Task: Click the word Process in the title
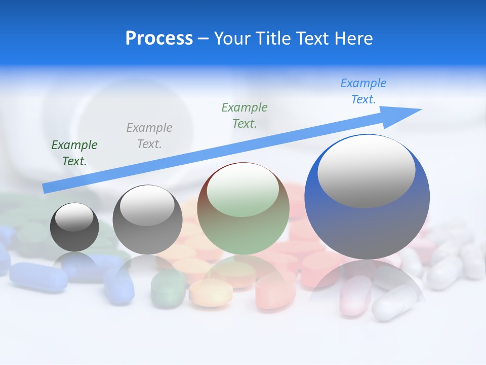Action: coord(159,39)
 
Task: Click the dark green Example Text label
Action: coord(74,153)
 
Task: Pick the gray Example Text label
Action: coord(149,135)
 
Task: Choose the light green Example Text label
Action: coord(245,115)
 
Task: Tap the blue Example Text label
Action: coord(363,91)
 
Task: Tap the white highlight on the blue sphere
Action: coord(366,171)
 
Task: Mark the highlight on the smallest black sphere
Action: coord(74,217)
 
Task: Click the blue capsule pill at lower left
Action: coord(38,277)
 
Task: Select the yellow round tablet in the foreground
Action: coord(211,293)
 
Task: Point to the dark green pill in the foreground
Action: coord(168,289)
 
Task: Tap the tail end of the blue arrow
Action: coord(45,189)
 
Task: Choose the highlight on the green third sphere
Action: coord(242,191)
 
